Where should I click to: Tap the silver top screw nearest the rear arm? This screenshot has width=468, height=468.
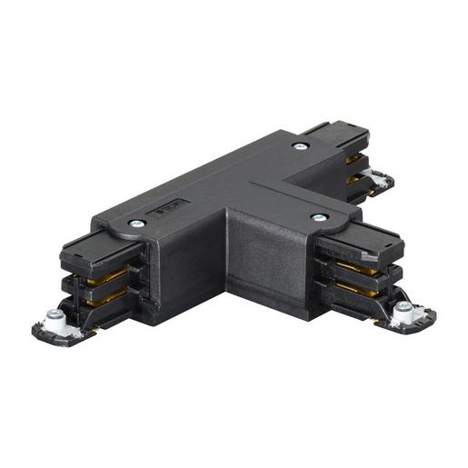click(299, 145)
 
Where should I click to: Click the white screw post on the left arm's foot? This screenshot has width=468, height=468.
click(54, 318)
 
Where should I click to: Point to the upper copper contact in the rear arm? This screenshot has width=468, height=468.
click(353, 159)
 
